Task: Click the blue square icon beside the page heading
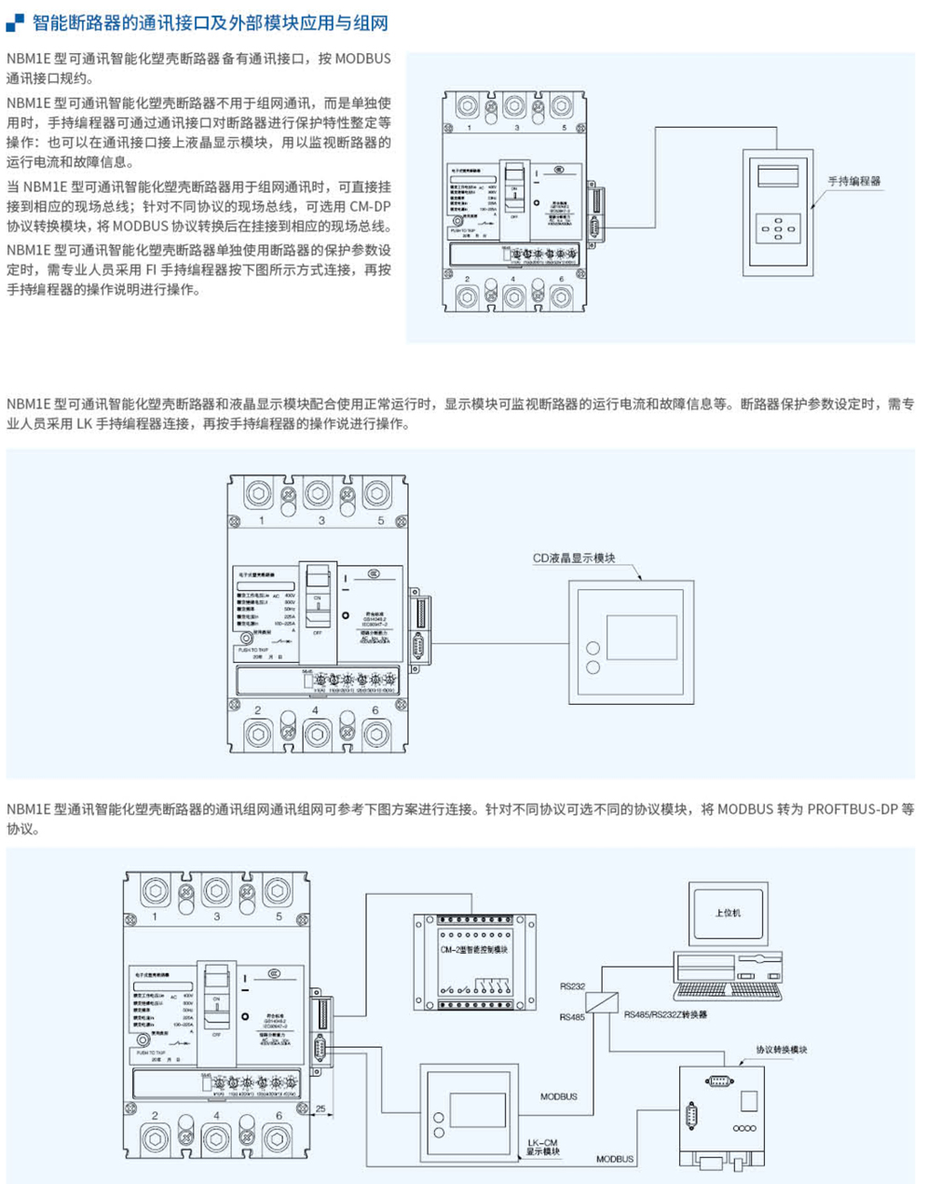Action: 15,22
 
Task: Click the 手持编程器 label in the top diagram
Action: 853,181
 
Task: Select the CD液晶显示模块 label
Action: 574,558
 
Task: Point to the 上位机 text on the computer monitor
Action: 727,913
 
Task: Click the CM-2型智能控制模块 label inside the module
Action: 473,950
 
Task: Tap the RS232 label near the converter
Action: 572,985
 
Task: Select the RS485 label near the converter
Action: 572,1017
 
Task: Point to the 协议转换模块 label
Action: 782,1050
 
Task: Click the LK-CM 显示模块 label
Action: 543,1148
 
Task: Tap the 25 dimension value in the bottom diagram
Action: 320,1108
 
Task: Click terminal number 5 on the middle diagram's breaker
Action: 381,521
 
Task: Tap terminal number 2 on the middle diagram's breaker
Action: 258,710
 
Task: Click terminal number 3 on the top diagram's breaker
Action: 516,129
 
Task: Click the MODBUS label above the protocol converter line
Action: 559,1097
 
